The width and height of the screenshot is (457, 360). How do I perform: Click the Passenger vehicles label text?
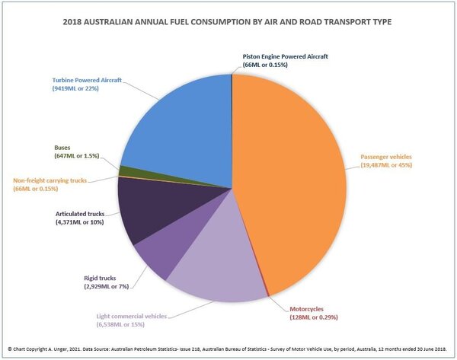tap(388, 158)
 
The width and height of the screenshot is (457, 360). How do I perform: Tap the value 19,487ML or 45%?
tap(389, 167)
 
